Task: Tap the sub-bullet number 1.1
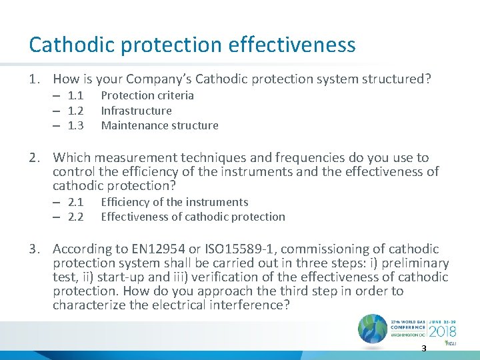[75, 95]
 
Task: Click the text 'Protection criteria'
[147, 95]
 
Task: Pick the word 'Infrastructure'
[136, 111]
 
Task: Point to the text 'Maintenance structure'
[159, 125]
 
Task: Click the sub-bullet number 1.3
[75, 125]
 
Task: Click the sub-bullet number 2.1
[75, 202]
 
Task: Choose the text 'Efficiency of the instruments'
[174, 202]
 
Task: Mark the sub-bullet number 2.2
[75, 217]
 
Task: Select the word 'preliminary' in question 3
[413, 263]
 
